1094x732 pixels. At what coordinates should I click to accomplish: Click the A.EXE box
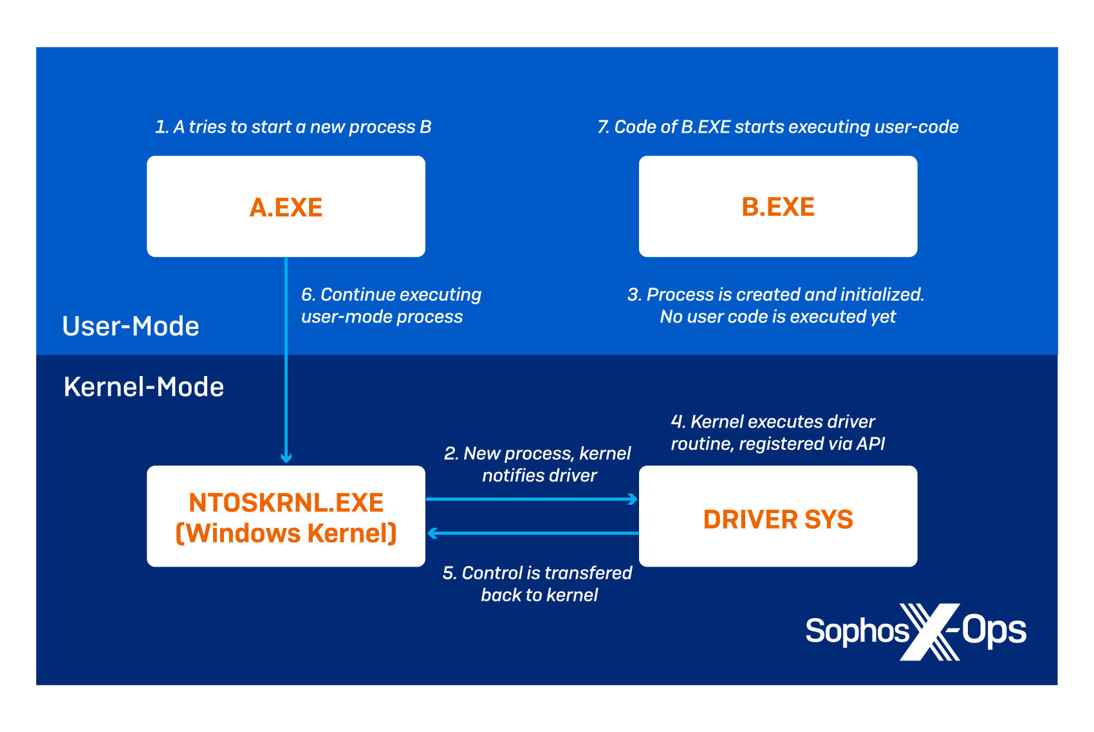tap(286, 207)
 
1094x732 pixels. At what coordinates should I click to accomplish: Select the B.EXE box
tap(777, 207)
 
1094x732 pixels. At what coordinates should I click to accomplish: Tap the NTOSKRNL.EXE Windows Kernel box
tap(286, 516)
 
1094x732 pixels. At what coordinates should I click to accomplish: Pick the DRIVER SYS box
tap(777, 516)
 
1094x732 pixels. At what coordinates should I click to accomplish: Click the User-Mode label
tap(131, 326)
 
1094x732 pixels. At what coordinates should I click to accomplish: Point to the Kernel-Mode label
tap(144, 387)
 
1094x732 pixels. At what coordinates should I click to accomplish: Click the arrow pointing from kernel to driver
tap(532, 499)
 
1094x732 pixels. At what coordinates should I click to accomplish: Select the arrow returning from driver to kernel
tap(532, 533)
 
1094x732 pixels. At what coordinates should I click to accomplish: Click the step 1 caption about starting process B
tap(293, 127)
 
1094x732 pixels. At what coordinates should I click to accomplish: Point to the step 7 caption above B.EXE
tap(777, 127)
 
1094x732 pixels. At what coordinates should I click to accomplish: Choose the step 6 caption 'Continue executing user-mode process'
tap(391, 306)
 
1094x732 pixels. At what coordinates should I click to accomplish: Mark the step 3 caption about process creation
tap(776, 306)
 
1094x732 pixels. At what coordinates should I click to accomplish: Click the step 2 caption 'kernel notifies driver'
tap(538, 464)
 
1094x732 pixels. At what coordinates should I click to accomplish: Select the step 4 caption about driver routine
tap(777, 433)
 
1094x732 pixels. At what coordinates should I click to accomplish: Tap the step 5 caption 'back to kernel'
tap(538, 584)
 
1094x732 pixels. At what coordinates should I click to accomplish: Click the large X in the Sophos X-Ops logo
tap(929, 632)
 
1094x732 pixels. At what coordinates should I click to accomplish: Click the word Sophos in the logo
tap(857, 630)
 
